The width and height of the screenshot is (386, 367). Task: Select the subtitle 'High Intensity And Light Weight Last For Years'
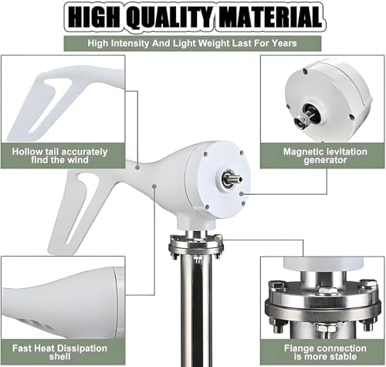[x=193, y=44]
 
